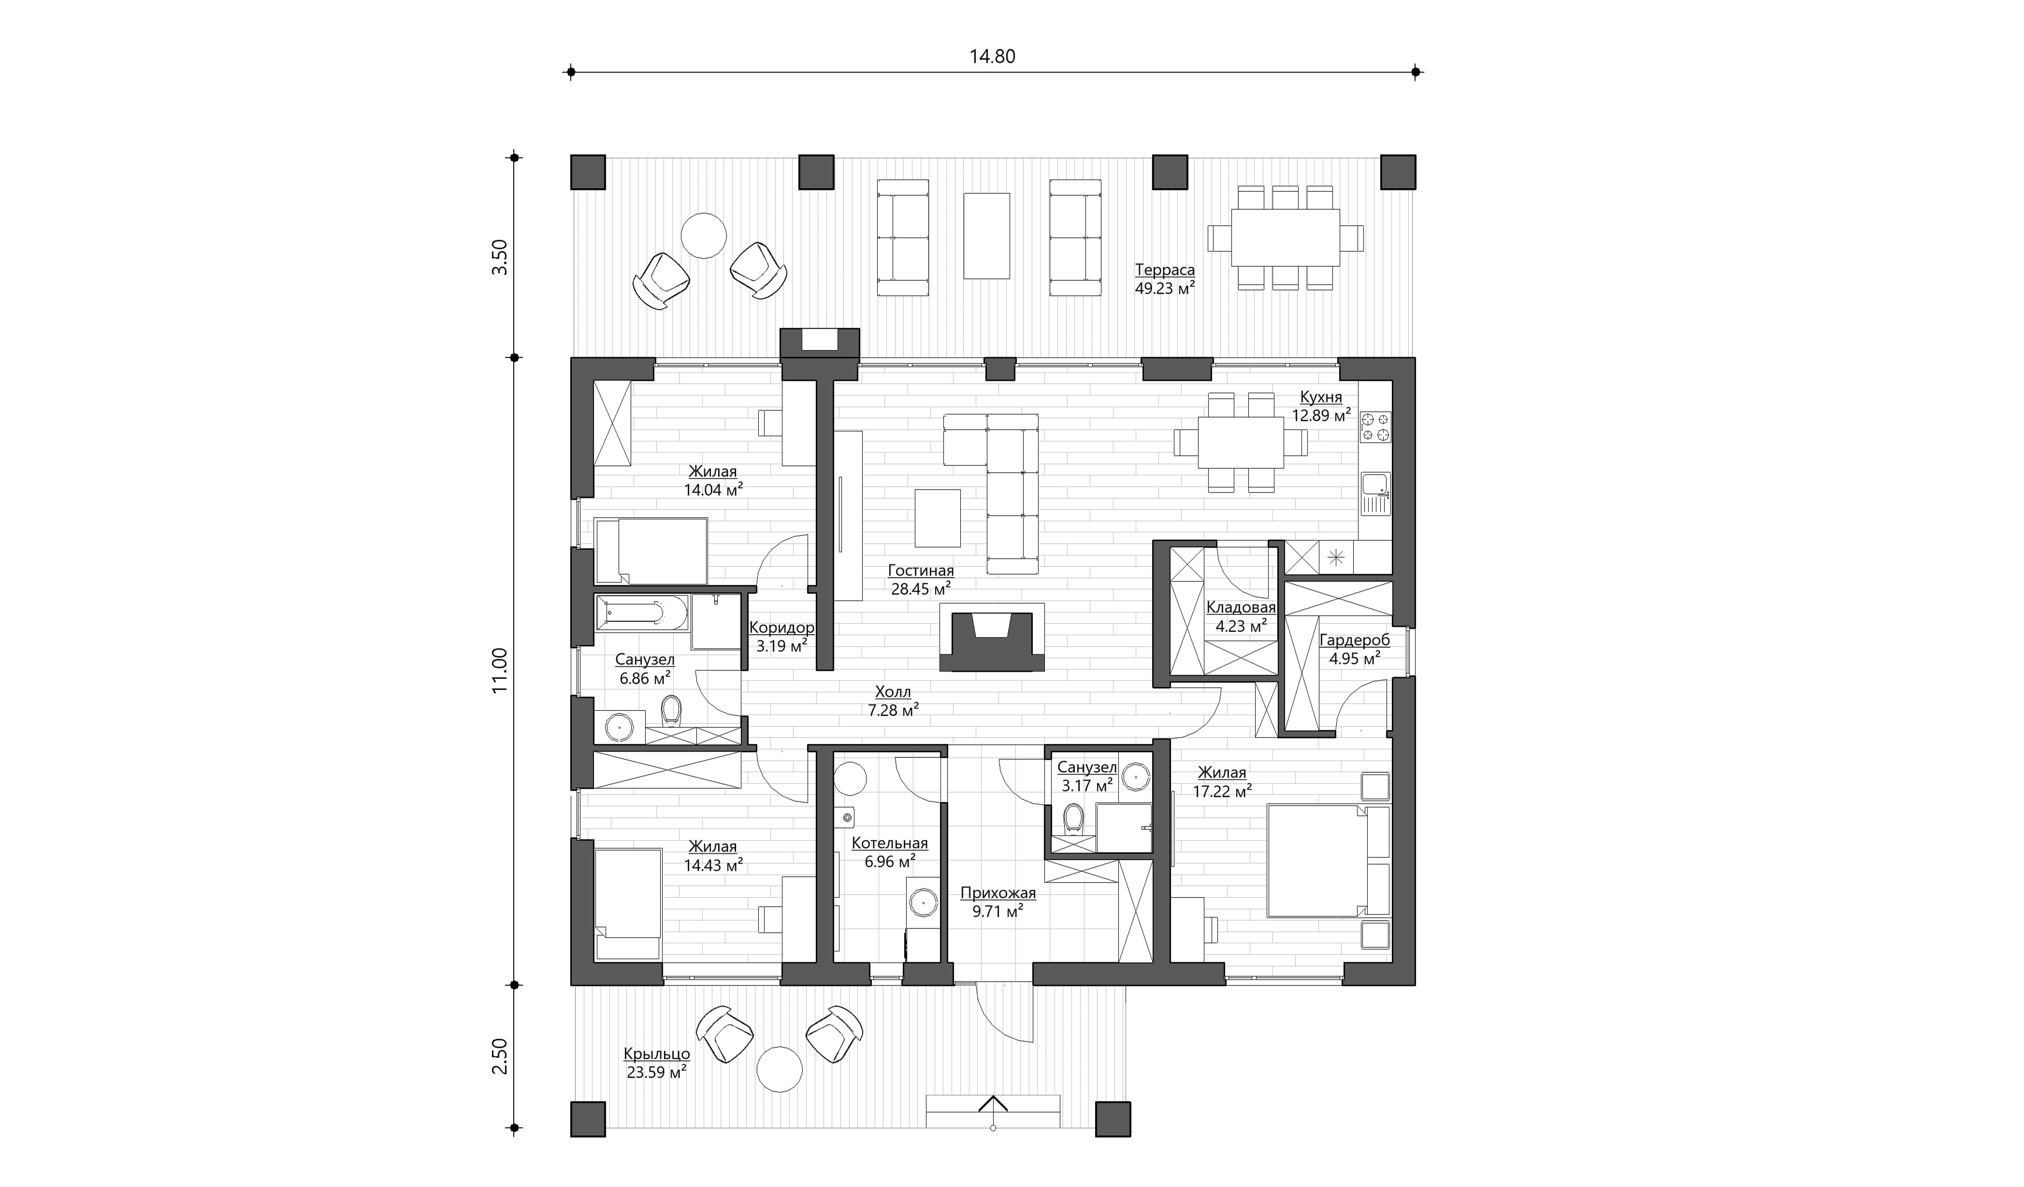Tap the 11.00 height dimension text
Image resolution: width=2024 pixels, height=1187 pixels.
click(500, 671)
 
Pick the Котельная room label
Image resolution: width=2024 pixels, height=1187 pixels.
click(889, 843)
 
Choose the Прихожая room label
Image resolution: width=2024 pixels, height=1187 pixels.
click(998, 893)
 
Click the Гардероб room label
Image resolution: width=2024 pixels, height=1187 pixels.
click(1354, 640)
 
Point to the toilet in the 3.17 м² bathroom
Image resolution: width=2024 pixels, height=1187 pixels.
click(1072, 820)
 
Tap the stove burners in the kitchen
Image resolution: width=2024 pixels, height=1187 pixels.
click(1375, 426)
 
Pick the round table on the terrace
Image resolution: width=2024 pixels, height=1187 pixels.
click(704, 235)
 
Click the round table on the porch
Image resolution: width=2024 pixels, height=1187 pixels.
click(779, 1069)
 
